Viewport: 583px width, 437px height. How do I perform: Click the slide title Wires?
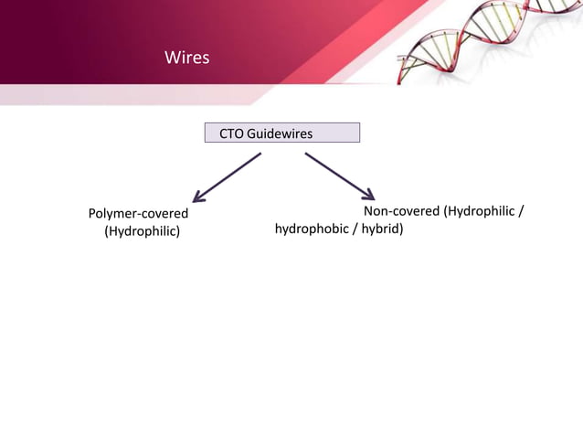pyautogui.click(x=186, y=59)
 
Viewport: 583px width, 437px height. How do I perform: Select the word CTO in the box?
pyautogui.click(x=231, y=134)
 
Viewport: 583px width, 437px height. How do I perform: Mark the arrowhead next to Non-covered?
pyautogui.click(x=368, y=194)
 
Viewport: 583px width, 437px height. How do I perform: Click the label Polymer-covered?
pyautogui.click(x=138, y=214)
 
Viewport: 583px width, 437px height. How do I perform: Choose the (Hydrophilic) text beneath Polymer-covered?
pyautogui.click(x=142, y=231)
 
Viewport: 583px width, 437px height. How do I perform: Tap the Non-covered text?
pyautogui.click(x=401, y=213)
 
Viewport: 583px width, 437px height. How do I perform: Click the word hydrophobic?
pyautogui.click(x=312, y=229)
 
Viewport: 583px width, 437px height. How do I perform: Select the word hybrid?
pyautogui.click(x=382, y=229)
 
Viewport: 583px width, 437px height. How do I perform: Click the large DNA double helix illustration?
pyautogui.click(x=484, y=41)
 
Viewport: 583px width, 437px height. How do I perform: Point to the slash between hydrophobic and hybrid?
pyautogui.click(x=355, y=229)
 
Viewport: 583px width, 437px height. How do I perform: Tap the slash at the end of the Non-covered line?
pyautogui.click(x=521, y=213)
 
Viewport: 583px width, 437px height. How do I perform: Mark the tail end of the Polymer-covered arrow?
pyautogui.click(x=261, y=154)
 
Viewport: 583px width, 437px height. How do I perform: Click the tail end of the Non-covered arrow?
pyautogui.click(x=306, y=154)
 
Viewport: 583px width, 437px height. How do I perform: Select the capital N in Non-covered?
pyautogui.click(x=368, y=213)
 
